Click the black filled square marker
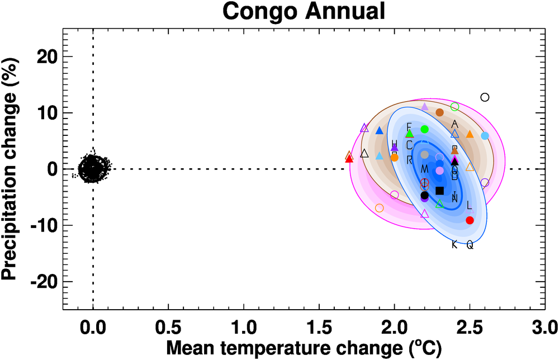coord(439,191)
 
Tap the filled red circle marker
coord(470,220)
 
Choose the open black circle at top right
coord(485,97)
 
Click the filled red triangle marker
coord(349,159)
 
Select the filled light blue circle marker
coord(485,136)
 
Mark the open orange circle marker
coord(380,208)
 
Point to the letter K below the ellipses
coord(454,244)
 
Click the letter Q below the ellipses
coord(470,245)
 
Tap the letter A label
coord(454,124)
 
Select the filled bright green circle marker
coord(424,129)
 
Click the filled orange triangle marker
coord(470,134)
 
